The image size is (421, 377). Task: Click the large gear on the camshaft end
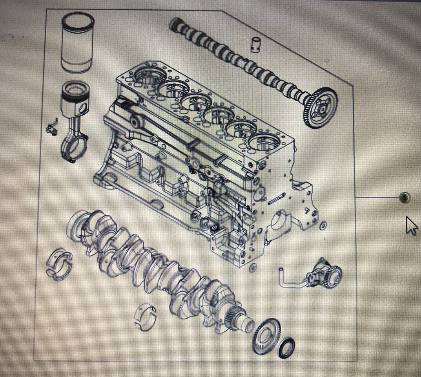tap(321, 107)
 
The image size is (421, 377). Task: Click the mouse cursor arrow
tap(410, 225)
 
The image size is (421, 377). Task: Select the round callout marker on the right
tap(405, 198)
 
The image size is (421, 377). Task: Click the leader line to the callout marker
tap(377, 198)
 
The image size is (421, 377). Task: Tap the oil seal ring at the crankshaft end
tap(286, 347)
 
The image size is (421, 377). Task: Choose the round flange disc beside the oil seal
tap(267, 336)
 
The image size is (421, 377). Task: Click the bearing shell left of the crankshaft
tap(60, 264)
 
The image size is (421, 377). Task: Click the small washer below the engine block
tap(252, 269)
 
